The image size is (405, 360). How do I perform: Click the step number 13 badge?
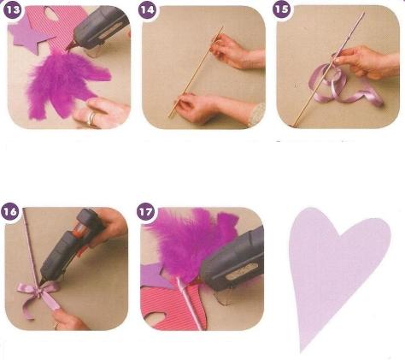coord(13,9)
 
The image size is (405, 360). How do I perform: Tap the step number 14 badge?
coord(147,9)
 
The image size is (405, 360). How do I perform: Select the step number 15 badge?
coord(281,9)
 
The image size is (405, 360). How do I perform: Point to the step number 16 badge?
coord(10,212)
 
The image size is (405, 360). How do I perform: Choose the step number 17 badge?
coord(146,212)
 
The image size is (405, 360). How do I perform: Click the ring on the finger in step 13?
coord(91,119)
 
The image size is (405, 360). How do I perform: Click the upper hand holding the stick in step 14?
coord(237,53)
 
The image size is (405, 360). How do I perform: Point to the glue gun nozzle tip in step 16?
coord(41,282)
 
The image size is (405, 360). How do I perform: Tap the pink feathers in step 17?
coord(191,245)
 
